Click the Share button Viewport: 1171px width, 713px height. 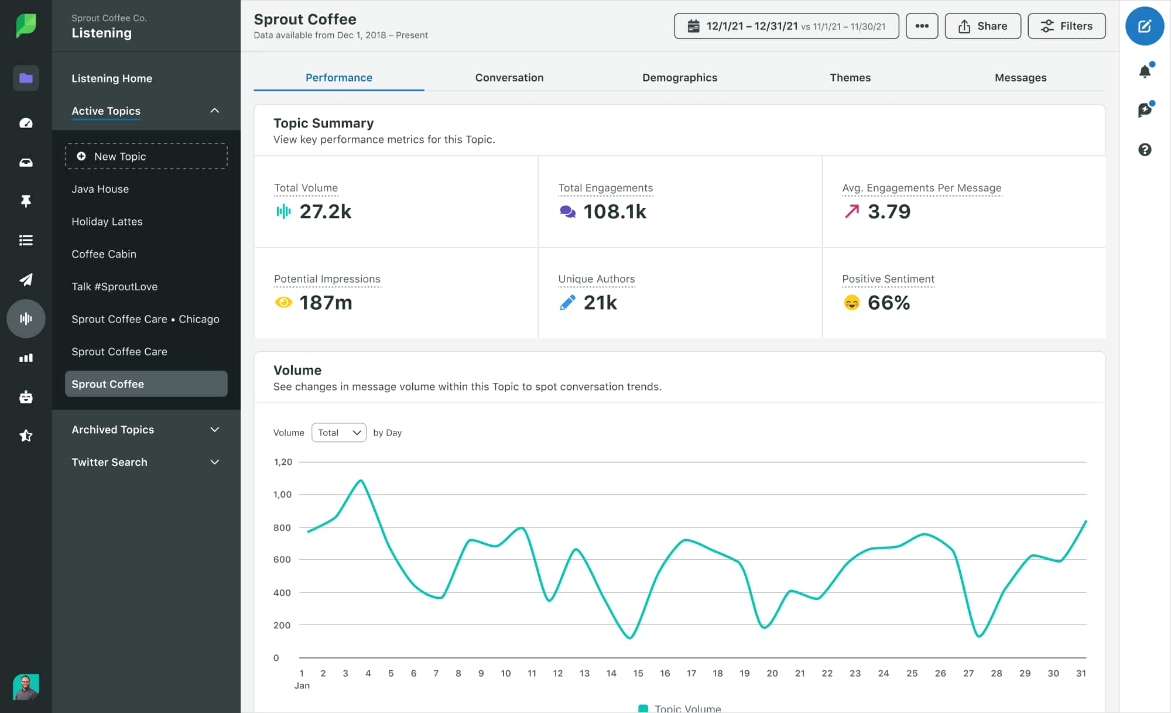pos(982,26)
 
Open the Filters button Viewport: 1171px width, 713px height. pos(1066,26)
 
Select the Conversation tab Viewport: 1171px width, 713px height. pos(509,78)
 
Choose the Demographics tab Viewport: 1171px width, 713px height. pos(679,78)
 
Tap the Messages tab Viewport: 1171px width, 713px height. pos(1020,78)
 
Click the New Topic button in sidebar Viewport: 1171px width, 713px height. pos(146,156)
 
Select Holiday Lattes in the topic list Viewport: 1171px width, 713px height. pos(107,221)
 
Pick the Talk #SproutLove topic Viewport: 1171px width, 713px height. pos(114,286)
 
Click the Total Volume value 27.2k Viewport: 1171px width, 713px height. pos(325,211)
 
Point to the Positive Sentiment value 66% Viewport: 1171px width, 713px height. pos(888,303)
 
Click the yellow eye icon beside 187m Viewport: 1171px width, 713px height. pos(283,303)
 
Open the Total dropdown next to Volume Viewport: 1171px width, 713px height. pos(338,433)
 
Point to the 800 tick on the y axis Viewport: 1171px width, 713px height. pos(282,527)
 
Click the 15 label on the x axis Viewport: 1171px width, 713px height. pos(638,673)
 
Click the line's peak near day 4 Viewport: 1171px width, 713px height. pos(361,481)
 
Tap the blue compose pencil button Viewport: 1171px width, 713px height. pos(1144,26)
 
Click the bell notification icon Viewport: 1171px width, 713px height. pos(1145,71)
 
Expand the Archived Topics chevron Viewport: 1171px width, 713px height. pos(215,430)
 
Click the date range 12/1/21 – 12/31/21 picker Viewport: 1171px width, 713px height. pos(786,26)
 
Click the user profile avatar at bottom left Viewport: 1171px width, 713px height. pos(26,687)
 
